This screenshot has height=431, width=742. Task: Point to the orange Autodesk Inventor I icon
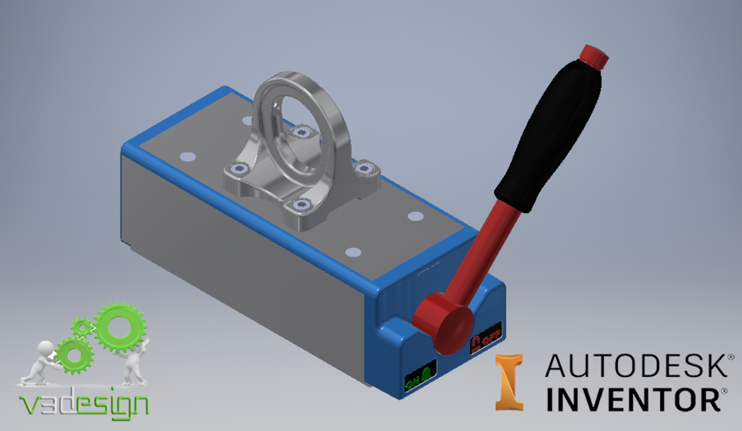[x=509, y=382]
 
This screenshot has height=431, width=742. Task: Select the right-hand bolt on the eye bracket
[x=363, y=166]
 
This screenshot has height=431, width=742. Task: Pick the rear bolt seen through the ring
[x=301, y=133]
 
